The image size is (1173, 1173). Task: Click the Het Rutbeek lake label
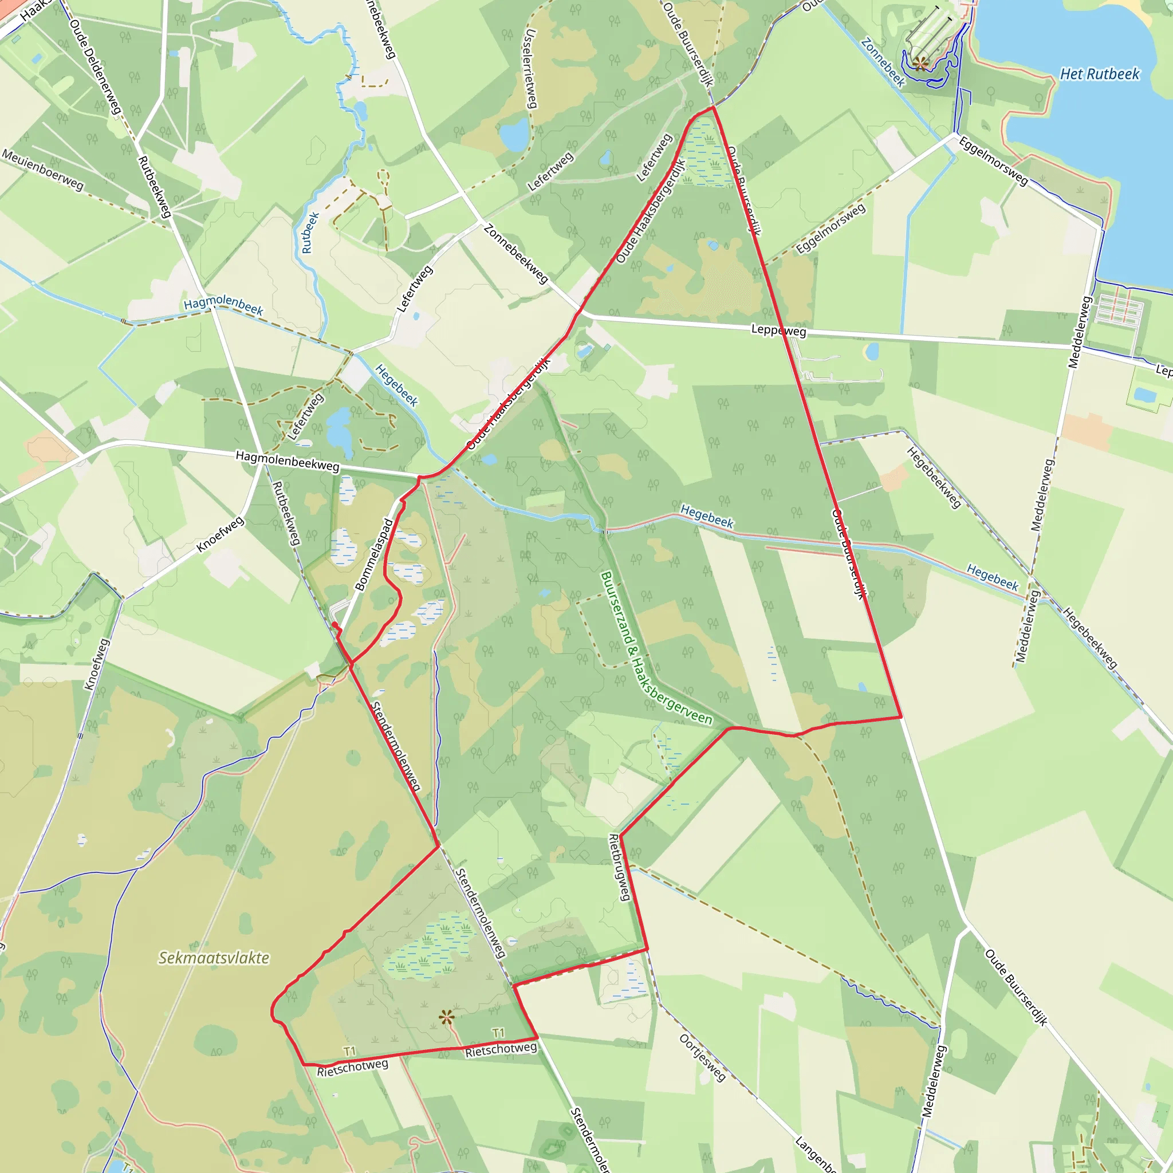point(1100,74)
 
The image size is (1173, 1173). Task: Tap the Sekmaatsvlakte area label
point(214,958)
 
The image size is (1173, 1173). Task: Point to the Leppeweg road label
point(779,331)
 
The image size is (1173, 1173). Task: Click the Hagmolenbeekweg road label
point(287,461)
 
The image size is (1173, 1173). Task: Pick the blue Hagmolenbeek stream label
point(223,305)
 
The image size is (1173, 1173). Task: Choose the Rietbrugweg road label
point(620,867)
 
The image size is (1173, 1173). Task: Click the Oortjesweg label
point(702,1058)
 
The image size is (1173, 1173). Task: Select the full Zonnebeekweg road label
point(516,254)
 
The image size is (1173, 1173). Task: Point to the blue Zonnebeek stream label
point(883,62)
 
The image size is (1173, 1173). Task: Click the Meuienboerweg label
point(42,170)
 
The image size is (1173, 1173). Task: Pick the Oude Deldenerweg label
point(95,67)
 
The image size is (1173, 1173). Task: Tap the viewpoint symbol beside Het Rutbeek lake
point(920,62)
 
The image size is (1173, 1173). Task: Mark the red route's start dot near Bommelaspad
point(334,625)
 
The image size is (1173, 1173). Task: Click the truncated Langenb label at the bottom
point(816,1154)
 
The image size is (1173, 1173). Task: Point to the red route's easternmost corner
point(901,717)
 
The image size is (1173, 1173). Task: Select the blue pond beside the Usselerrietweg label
point(515,134)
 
